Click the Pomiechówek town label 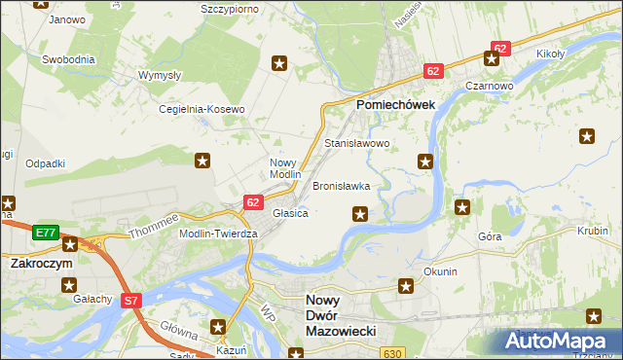click(x=396, y=103)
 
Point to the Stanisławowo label click(x=356, y=143)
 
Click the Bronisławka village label click(x=341, y=185)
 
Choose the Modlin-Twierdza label click(x=217, y=234)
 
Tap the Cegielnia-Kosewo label click(x=202, y=109)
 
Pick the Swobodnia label click(x=68, y=58)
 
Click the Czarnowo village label click(x=489, y=86)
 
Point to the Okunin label click(x=440, y=271)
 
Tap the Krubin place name click(x=592, y=232)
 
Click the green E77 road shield click(x=44, y=233)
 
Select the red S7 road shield click(x=132, y=302)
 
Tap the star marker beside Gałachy click(x=69, y=285)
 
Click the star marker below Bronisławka click(x=360, y=214)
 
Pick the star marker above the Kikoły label click(x=494, y=57)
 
